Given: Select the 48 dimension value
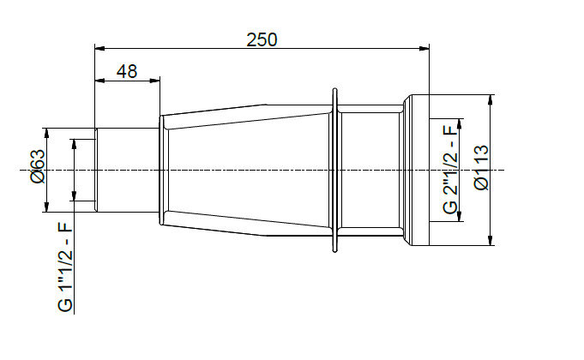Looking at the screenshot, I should click(126, 72).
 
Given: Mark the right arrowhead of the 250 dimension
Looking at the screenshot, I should click(423, 48).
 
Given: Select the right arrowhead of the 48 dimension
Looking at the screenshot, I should click(155, 81).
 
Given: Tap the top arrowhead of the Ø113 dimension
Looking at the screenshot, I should click(490, 99).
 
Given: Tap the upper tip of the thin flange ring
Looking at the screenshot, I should click(334, 89).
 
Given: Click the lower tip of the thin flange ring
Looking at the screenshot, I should click(334, 250).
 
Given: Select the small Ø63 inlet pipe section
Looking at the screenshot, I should click(127, 170).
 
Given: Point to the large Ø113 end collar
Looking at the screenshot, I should click(417, 170).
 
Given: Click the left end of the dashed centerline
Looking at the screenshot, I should click(21, 170).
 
